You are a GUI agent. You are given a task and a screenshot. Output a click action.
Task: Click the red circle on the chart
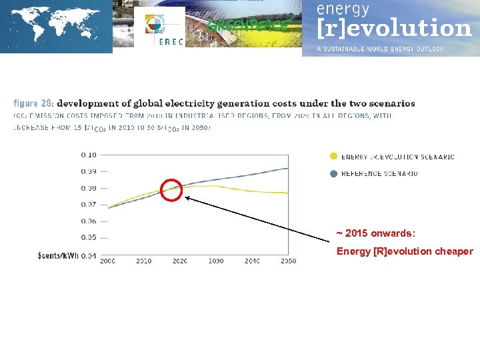[171, 190]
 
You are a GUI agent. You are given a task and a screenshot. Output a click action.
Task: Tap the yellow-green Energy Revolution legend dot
[333, 157]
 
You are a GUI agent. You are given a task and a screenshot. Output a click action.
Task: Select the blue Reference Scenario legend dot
[333, 173]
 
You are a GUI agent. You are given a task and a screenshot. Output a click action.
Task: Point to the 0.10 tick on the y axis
[89, 155]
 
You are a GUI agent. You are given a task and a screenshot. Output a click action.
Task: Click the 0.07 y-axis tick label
[89, 205]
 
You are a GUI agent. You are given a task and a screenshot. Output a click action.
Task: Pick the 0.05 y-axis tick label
[89, 237]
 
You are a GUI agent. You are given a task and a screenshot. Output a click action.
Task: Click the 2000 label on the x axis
[108, 261]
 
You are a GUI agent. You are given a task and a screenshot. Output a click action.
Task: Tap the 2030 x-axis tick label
[216, 261]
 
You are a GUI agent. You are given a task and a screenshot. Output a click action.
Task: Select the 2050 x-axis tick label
[288, 261]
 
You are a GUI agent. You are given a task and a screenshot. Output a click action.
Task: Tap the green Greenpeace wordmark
[248, 26]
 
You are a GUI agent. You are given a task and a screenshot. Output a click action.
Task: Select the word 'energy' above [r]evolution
[343, 9]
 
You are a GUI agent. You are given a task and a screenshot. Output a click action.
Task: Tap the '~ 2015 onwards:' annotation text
[375, 233]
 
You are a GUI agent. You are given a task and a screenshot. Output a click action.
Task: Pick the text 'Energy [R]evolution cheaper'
[405, 251]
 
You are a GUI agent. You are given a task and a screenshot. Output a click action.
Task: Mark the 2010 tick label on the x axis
[143, 261]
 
